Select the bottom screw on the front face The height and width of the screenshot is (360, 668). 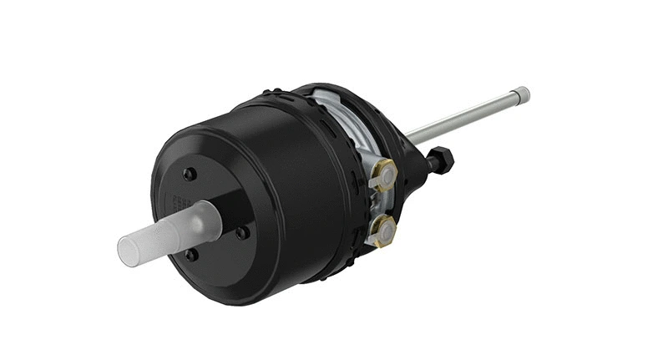pyautogui.click(x=192, y=255)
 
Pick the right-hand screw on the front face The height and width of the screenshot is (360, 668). pyautogui.click(x=242, y=233)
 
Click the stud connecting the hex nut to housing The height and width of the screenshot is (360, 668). pyautogui.click(x=428, y=162)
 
